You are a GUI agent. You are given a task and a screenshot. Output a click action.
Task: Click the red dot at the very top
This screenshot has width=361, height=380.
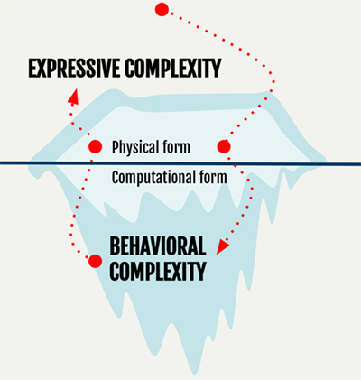[162, 9]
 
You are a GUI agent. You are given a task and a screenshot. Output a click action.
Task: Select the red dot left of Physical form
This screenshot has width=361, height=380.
[96, 146]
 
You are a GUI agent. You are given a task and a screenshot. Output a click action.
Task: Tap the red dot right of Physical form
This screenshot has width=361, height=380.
[224, 146]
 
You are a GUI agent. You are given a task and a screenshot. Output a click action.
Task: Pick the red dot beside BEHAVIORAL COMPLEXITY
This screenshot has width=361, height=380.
[96, 261]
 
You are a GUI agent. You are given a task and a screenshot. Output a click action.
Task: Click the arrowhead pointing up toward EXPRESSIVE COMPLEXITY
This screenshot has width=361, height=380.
[74, 97]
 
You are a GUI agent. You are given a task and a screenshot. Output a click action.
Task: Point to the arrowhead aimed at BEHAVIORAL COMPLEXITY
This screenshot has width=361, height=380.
[222, 246]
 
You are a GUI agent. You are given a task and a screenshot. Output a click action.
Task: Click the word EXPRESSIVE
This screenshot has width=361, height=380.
[74, 69]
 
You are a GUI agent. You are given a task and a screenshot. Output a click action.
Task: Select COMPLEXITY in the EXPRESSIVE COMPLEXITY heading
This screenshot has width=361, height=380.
[173, 69]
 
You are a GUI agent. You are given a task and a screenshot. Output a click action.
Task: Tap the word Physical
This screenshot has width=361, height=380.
[135, 147]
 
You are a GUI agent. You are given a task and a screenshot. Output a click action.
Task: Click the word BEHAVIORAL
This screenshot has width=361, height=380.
[158, 246]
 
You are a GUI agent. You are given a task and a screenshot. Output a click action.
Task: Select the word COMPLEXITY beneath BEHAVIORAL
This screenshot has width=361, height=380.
[158, 271]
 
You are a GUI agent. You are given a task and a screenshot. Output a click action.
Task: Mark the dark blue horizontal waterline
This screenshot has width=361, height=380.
[180, 163]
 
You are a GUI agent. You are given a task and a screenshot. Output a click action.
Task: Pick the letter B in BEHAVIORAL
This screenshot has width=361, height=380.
[115, 246]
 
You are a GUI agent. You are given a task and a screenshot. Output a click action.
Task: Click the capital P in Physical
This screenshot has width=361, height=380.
[116, 147]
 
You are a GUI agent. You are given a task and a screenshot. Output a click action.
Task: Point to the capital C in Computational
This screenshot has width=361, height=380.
[115, 178]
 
